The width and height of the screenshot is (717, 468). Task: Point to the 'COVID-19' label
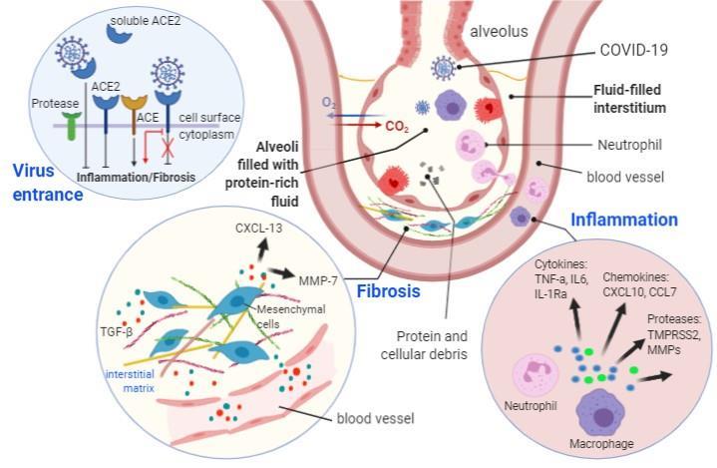pyautogui.click(x=633, y=50)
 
